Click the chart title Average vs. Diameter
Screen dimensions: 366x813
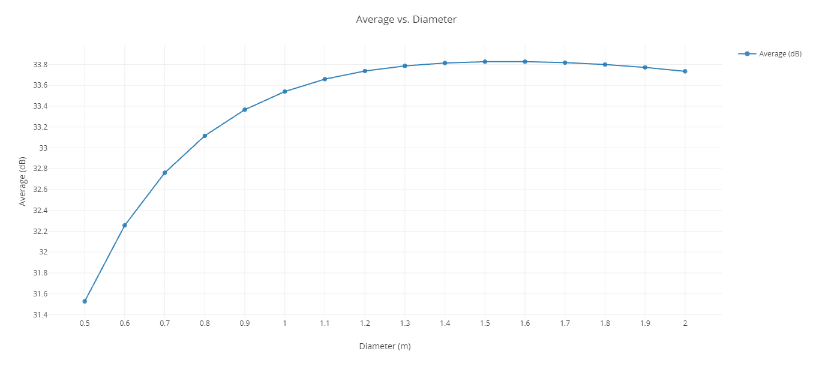(406, 20)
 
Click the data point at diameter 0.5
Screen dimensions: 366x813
(85, 301)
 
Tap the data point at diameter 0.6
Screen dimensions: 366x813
(125, 226)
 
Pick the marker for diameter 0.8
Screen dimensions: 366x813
(205, 136)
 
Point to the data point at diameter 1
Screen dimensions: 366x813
(285, 92)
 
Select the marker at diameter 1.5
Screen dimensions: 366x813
(485, 62)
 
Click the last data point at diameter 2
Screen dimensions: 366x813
(685, 71)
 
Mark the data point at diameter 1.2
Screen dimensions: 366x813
(365, 71)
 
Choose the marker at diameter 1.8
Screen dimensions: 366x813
(605, 65)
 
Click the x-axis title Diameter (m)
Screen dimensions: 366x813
(385, 347)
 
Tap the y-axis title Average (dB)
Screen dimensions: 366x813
(23, 181)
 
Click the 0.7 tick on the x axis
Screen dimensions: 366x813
(164, 323)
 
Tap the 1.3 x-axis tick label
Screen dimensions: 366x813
(405, 323)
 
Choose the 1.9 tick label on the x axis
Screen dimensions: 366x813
(645, 323)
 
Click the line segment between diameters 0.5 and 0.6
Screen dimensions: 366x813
(105, 263)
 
